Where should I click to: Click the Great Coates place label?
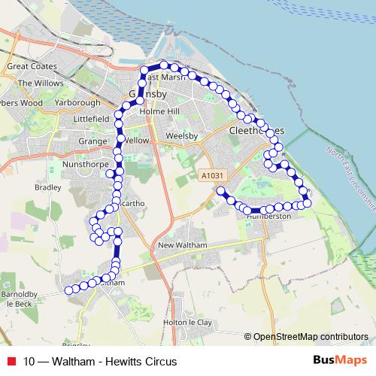tap(26, 67)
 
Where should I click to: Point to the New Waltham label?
tap(182, 247)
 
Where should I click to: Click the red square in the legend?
tap(11, 361)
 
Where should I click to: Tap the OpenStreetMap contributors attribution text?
tap(310, 337)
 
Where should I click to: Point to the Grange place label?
tap(94, 141)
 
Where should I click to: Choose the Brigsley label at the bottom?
tap(76, 345)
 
